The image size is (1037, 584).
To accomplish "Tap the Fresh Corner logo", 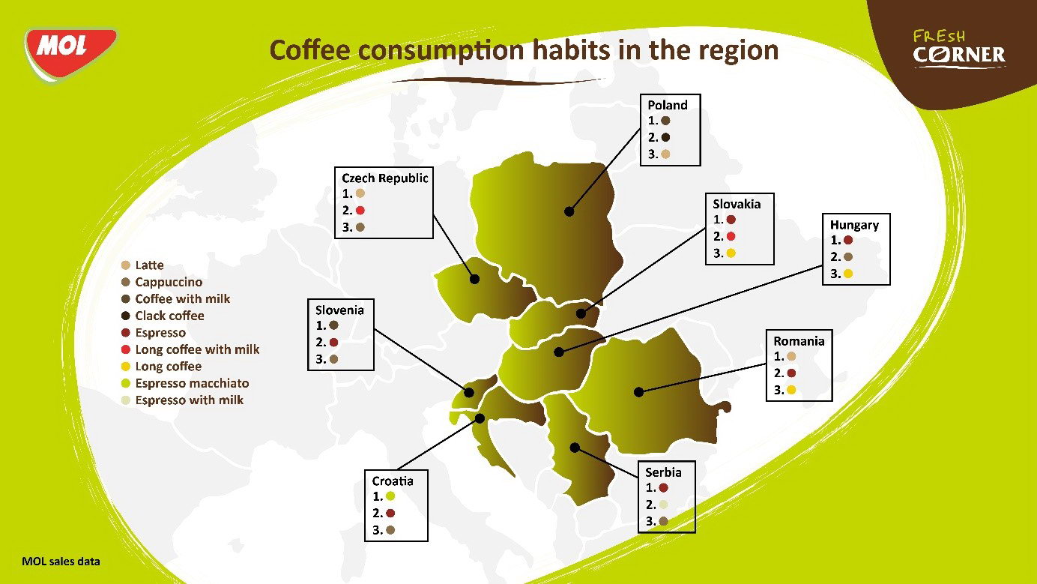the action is click(x=959, y=49).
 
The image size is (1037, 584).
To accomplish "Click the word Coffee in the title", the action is click(x=309, y=50).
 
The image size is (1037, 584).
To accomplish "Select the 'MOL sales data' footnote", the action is click(x=61, y=562).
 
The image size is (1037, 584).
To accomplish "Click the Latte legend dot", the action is click(x=125, y=265).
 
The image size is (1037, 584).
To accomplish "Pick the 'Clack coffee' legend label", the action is click(x=169, y=316).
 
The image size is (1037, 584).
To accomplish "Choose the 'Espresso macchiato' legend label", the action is click(x=192, y=383).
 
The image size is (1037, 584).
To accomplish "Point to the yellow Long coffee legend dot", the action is click(x=125, y=367).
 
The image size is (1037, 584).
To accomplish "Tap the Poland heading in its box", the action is click(x=667, y=105).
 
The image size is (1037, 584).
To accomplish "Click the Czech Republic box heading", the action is click(x=384, y=178).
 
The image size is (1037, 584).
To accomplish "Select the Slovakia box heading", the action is click(x=737, y=204).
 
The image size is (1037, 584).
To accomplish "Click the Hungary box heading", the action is click(x=854, y=225).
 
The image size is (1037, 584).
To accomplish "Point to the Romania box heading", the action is click(x=799, y=341).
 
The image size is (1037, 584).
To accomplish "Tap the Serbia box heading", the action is click(x=663, y=472).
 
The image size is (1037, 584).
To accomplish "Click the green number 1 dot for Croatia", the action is click(x=390, y=496).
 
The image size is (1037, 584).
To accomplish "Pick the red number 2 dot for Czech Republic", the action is click(x=360, y=210).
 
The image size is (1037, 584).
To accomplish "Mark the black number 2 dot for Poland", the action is click(x=665, y=137).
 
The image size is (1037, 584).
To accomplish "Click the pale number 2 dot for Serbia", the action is click(x=663, y=505).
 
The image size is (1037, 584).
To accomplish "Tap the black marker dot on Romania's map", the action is click(x=639, y=392).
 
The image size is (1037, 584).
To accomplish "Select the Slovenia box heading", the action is click(x=339, y=310).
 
